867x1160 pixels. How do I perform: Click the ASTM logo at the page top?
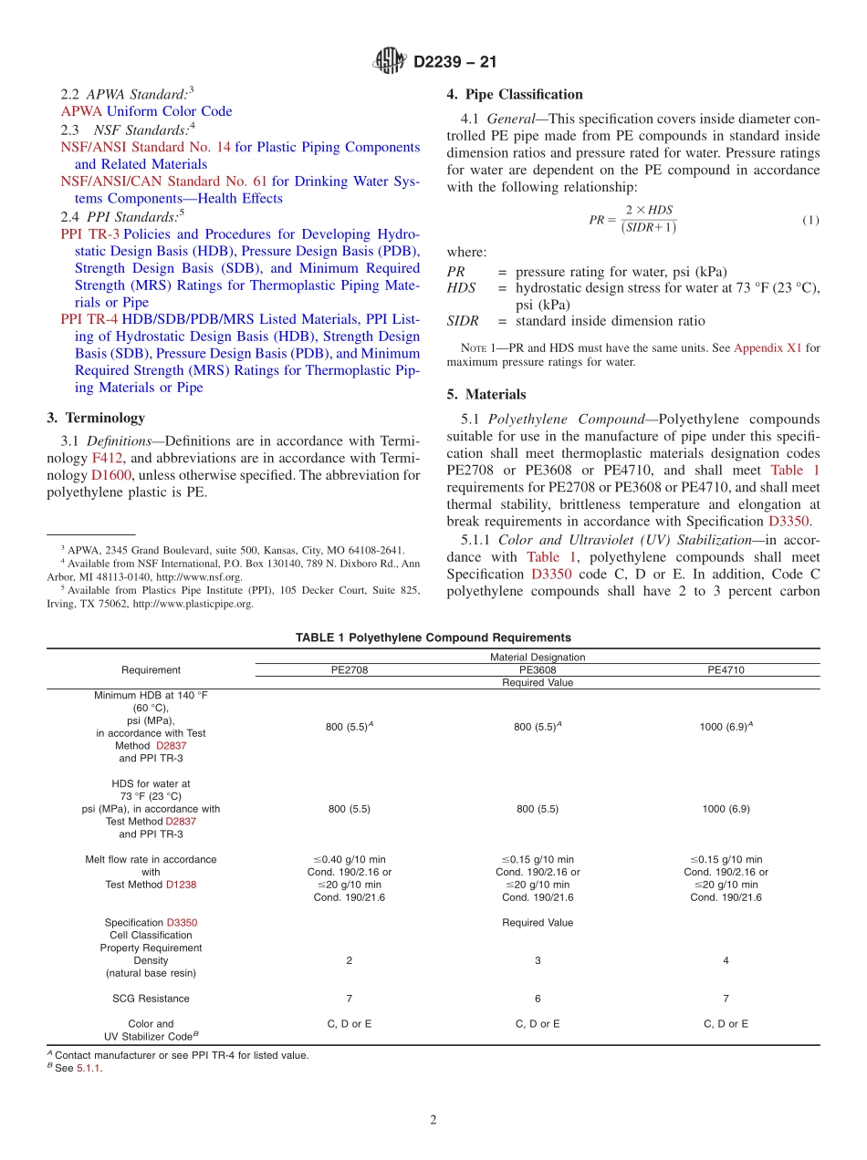[x=390, y=62]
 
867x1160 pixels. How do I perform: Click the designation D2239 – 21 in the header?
[x=454, y=63]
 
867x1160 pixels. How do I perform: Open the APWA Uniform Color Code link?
[x=146, y=111]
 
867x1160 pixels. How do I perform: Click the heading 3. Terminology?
[x=95, y=418]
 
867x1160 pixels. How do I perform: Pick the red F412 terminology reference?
[x=107, y=457]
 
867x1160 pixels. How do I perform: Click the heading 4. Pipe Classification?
[x=514, y=94]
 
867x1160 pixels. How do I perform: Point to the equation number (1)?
[x=810, y=221]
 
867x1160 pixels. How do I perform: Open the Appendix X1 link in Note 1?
[x=768, y=347]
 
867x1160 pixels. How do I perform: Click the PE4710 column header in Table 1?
[x=726, y=669]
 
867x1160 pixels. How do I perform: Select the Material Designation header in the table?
[x=538, y=657]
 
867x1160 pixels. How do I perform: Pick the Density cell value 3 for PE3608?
[x=538, y=960]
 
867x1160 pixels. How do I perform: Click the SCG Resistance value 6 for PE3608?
[x=538, y=999]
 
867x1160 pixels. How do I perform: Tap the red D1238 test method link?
[x=181, y=885]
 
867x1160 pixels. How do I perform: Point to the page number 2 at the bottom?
[x=433, y=1121]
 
